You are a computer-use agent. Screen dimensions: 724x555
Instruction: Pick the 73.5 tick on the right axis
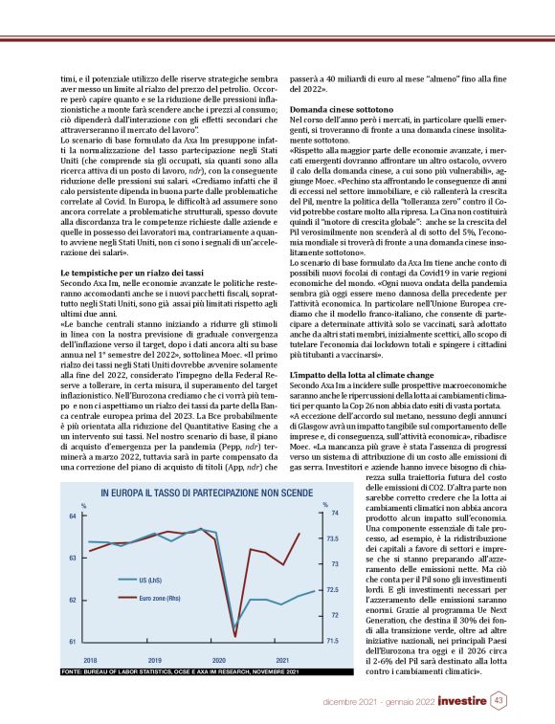point(334,539)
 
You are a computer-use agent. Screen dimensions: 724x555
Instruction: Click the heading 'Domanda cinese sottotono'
point(337,111)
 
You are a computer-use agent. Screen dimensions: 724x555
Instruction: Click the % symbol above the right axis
point(325,504)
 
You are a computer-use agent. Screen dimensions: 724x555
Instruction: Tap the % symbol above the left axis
point(83,505)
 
